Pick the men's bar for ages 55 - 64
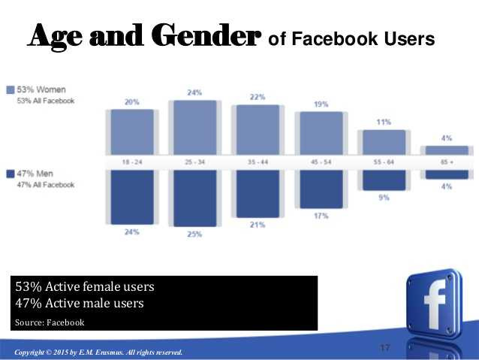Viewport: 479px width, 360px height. point(384,180)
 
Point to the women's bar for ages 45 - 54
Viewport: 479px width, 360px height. point(321,134)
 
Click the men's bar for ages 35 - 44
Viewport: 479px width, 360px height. point(258,192)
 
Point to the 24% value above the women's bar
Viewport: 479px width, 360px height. point(194,92)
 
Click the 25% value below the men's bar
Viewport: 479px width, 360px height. point(194,234)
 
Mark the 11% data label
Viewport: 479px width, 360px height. point(384,121)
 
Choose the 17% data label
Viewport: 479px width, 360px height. point(321,216)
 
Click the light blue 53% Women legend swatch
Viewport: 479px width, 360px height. point(10,89)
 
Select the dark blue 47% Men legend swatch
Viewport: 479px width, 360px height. point(10,174)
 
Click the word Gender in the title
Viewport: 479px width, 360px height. point(206,35)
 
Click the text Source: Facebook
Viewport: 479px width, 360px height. point(50,322)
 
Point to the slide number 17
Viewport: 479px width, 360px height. point(386,347)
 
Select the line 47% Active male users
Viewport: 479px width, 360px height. point(80,304)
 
